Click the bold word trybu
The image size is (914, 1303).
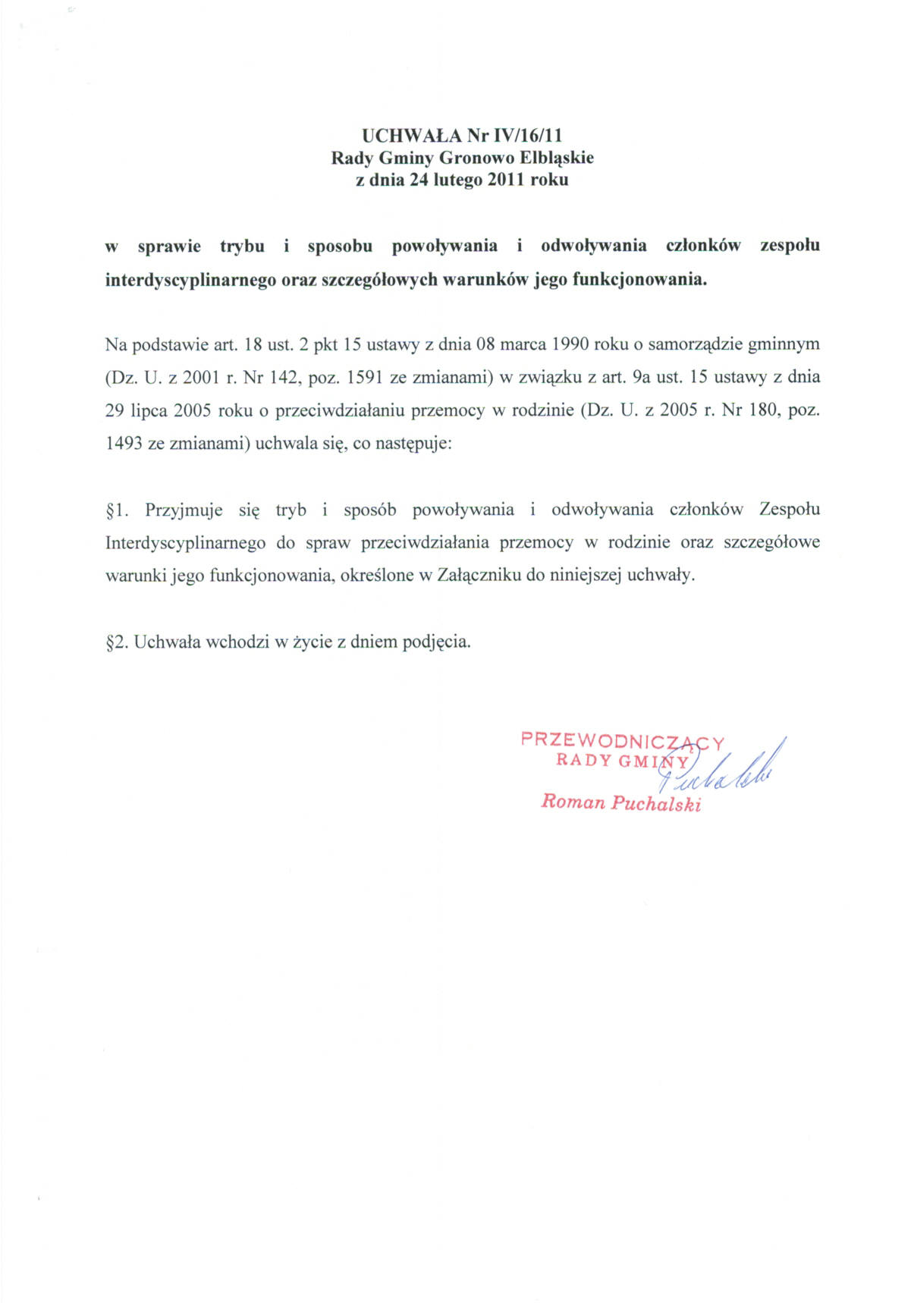[x=242, y=246]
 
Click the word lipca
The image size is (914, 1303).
[x=149, y=410]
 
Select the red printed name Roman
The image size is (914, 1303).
[x=573, y=802]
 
